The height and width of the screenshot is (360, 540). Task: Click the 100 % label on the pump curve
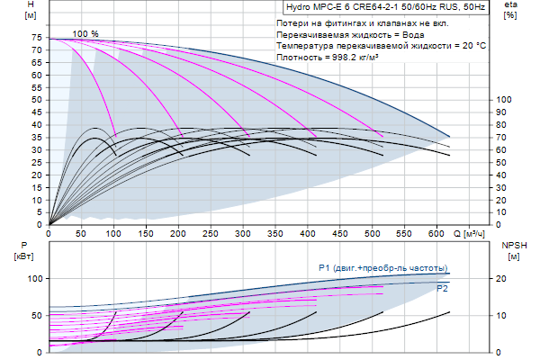[85, 33]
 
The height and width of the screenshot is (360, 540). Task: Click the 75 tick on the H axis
[37, 39]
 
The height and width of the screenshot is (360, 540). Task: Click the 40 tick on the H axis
[37, 125]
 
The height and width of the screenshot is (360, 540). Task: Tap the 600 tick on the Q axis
[437, 233]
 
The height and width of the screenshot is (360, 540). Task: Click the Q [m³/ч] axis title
[472, 233]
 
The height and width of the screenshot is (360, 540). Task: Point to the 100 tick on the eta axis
[505, 100]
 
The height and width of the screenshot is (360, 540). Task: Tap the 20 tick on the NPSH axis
[504, 279]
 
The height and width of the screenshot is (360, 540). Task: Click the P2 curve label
[442, 289]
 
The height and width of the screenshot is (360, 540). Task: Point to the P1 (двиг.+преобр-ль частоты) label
[382, 268]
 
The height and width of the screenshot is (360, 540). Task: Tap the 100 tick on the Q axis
[113, 233]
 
